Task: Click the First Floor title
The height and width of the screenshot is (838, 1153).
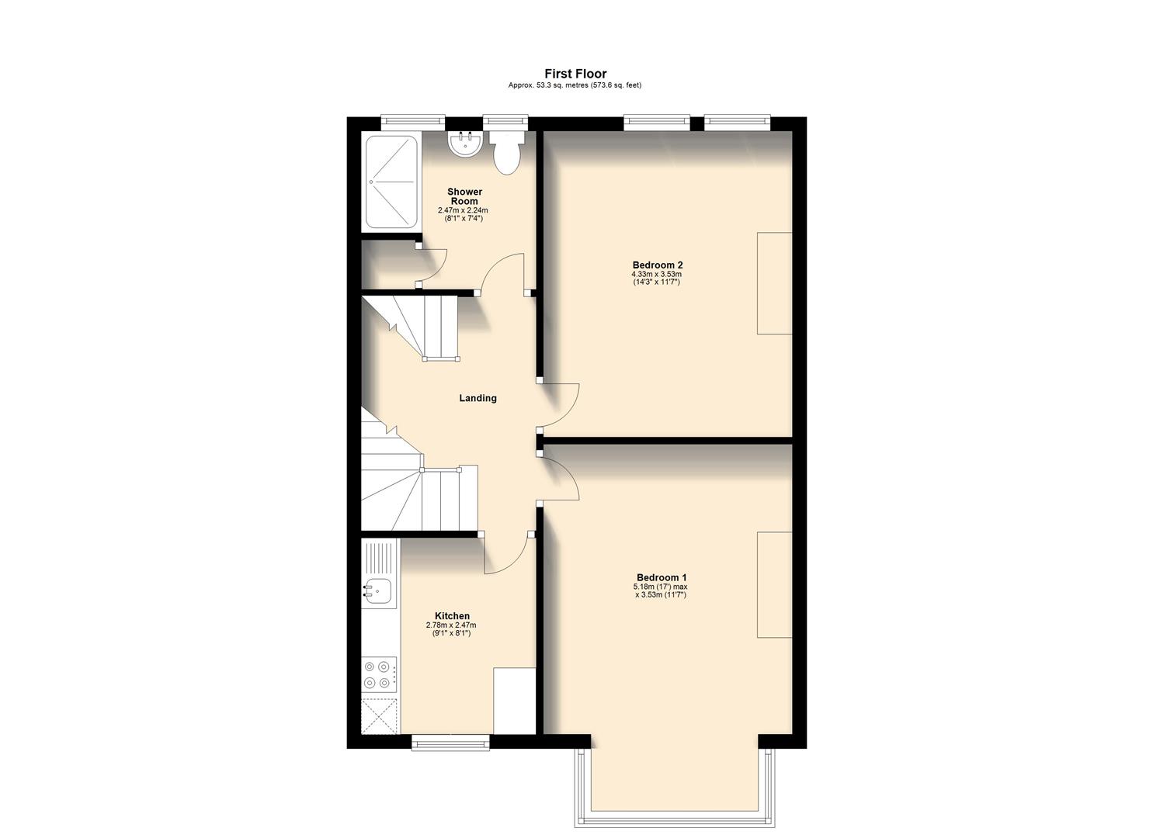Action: pyautogui.click(x=575, y=74)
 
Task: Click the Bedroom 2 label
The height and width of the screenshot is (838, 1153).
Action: pyautogui.click(x=657, y=265)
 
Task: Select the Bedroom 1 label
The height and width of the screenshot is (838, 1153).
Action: pyautogui.click(x=661, y=577)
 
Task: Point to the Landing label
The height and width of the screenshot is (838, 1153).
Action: pyautogui.click(x=478, y=398)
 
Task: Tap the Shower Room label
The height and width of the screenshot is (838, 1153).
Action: pyautogui.click(x=464, y=196)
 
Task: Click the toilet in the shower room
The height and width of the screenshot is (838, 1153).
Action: pyautogui.click(x=507, y=153)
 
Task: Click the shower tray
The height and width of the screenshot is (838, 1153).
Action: pyautogui.click(x=391, y=182)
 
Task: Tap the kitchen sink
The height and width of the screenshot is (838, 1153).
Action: pyautogui.click(x=378, y=591)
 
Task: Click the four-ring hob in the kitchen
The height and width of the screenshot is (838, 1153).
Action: pyautogui.click(x=379, y=674)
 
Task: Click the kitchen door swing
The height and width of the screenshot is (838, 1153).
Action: pyautogui.click(x=505, y=555)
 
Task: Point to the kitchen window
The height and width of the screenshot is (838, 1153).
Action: pyautogui.click(x=450, y=743)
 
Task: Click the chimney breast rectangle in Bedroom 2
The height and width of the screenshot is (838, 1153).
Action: pyautogui.click(x=774, y=283)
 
